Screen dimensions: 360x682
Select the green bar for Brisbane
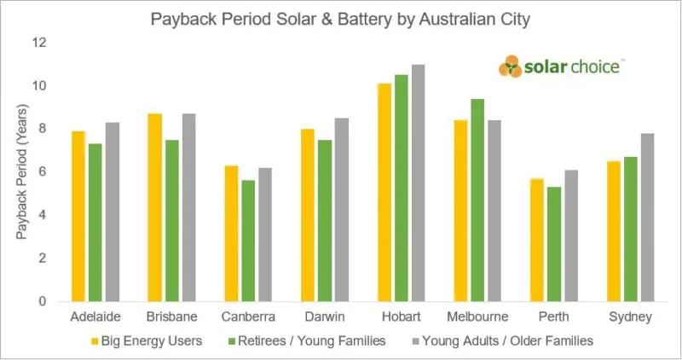[172, 220]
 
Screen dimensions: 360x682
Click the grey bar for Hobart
[418, 183]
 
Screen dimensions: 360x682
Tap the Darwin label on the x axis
[325, 316]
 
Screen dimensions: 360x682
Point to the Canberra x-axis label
[248, 316]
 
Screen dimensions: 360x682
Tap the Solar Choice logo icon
[511, 66]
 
